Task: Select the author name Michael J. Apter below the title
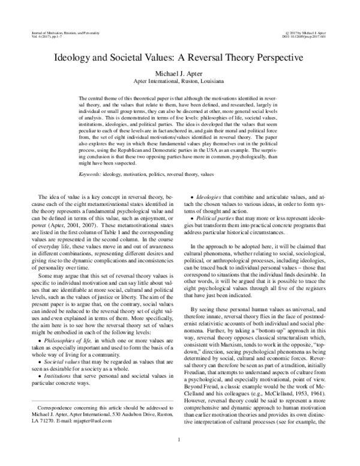(179, 72)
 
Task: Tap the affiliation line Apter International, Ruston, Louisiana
(179, 80)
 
